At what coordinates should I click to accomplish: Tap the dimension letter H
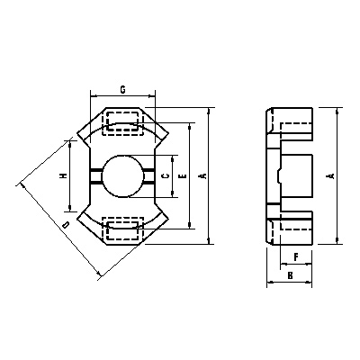62,176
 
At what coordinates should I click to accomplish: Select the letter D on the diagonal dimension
65,222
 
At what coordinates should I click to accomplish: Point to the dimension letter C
161,176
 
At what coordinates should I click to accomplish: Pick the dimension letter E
183,177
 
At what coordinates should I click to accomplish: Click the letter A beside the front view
202,176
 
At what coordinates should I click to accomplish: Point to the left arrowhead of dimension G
94,94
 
